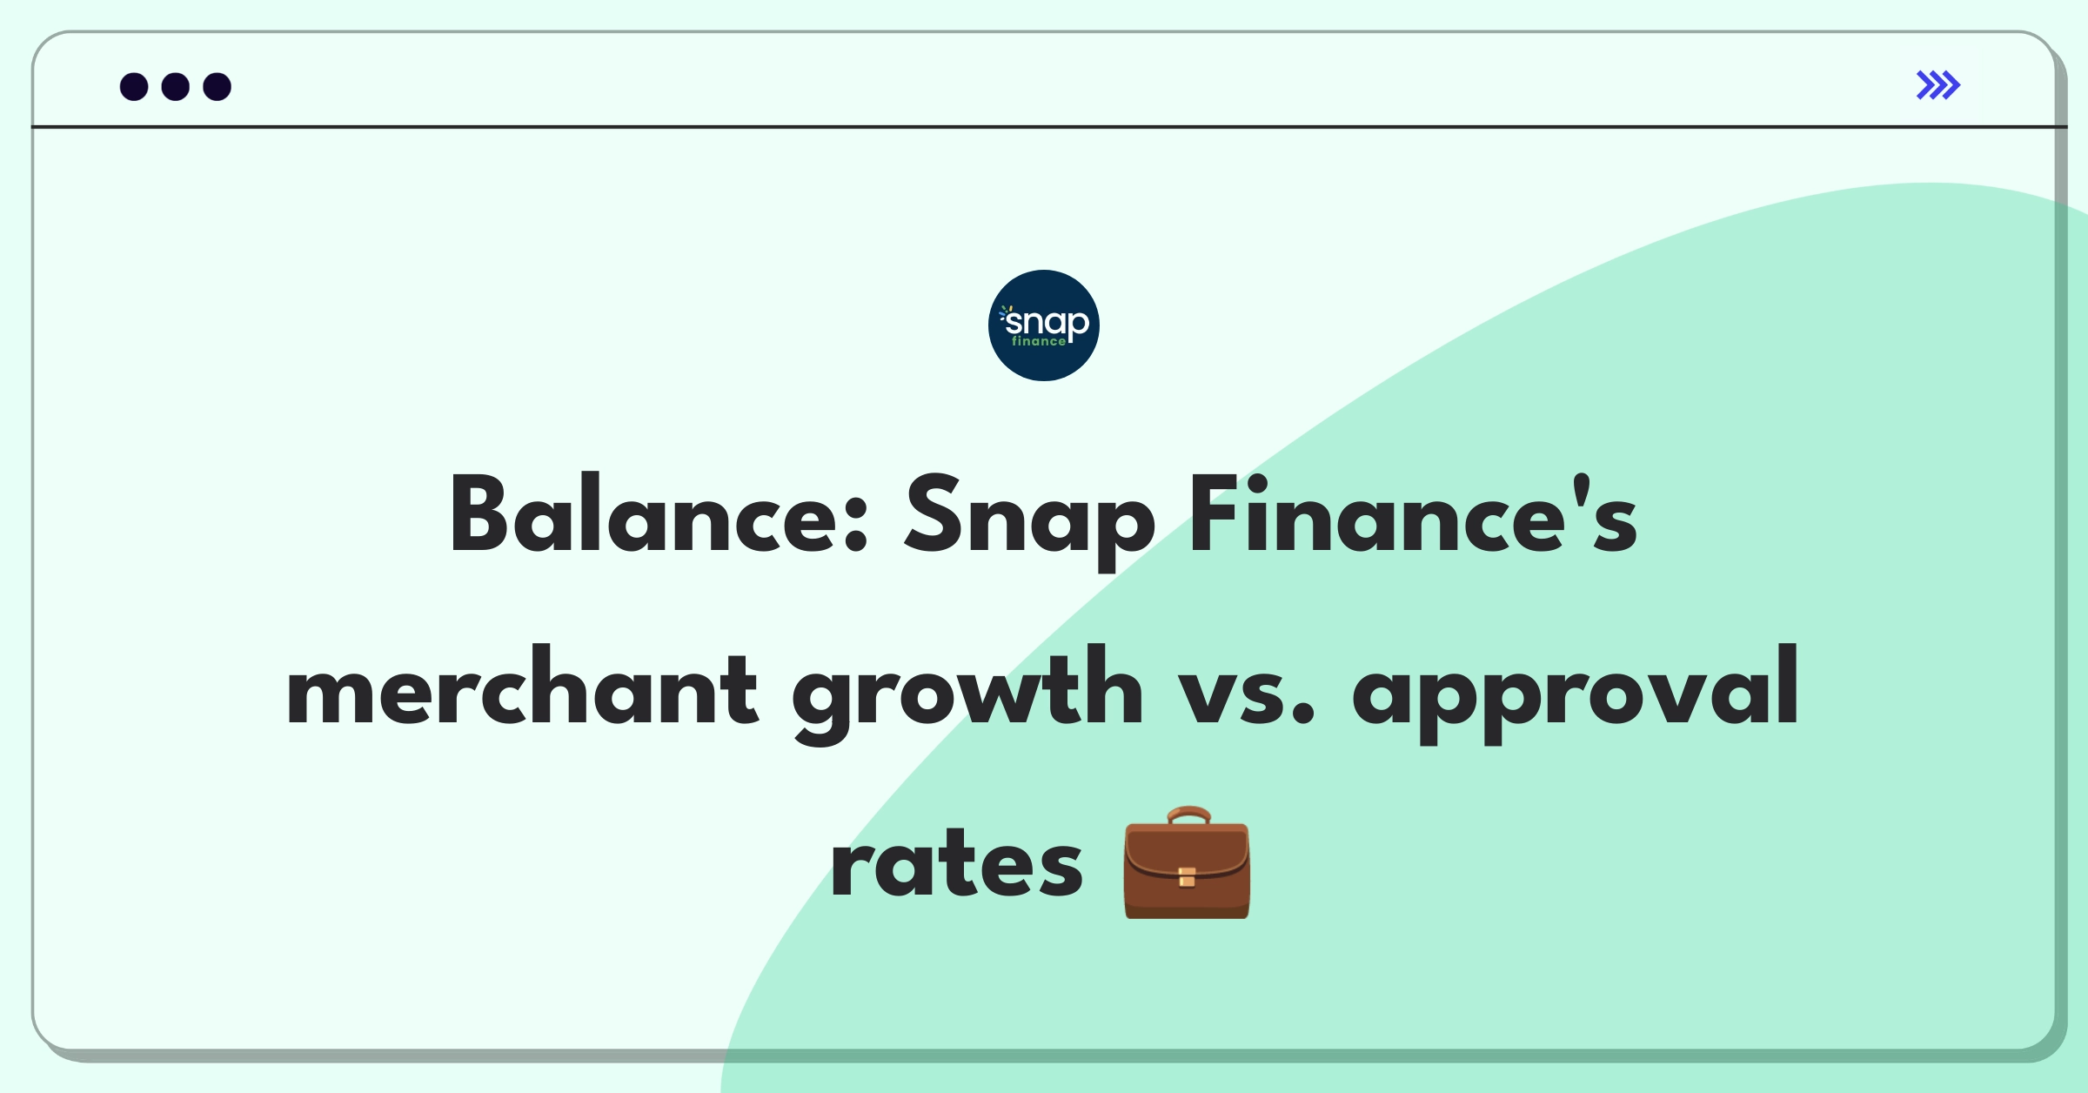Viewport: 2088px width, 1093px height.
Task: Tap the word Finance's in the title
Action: pyautogui.click(x=1413, y=515)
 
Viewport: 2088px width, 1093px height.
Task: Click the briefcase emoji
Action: pyautogui.click(x=1187, y=863)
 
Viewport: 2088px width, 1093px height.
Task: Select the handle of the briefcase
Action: pyautogui.click(x=1188, y=815)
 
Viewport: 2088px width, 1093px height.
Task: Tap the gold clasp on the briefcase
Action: pyautogui.click(x=1187, y=877)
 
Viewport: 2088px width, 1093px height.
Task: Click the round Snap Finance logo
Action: pyautogui.click(x=1043, y=325)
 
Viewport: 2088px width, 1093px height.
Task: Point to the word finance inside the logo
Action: pyautogui.click(x=1038, y=342)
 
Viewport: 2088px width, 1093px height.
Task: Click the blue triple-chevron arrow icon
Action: pyautogui.click(x=1937, y=85)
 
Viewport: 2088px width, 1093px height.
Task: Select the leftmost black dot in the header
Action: pyautogui.click(x=134, y=87)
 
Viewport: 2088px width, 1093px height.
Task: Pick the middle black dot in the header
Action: pyautogui.click(x=176, y=87)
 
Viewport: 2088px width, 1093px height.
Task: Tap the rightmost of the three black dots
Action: pyautogui.click(x=217, y=87)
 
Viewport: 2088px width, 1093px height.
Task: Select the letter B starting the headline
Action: pyautogui.click(x=478, y=515)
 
